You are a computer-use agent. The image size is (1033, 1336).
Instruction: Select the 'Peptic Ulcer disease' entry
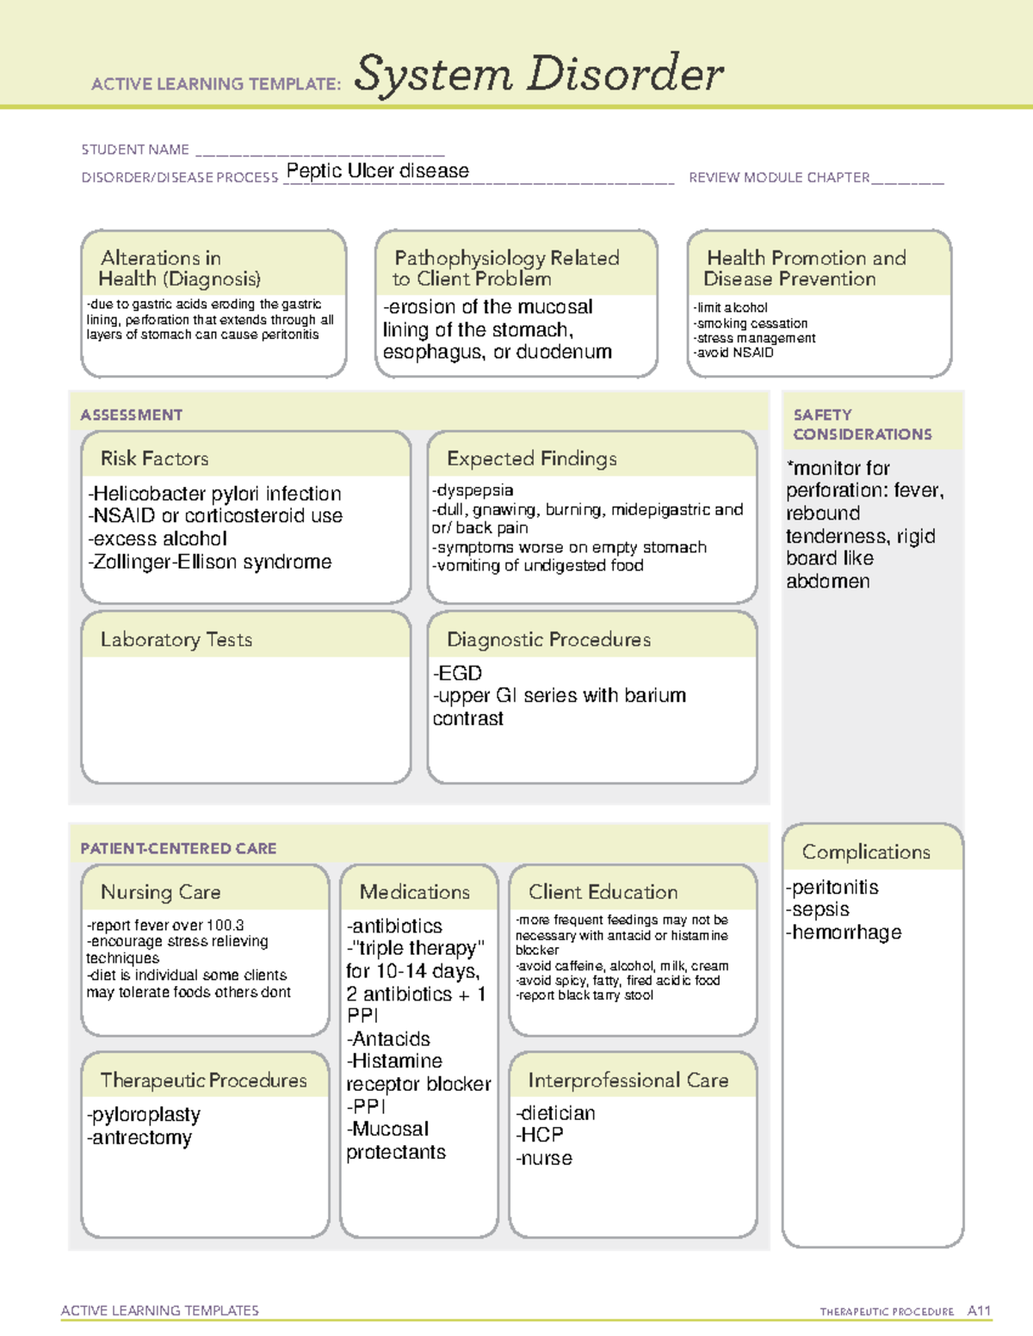377,170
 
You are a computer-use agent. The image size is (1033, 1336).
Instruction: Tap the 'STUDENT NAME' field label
135,150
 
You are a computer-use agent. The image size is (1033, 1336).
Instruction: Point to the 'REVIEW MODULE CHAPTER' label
779,177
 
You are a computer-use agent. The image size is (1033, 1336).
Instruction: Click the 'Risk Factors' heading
154,459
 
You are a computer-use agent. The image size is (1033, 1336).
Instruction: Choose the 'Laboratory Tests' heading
176,639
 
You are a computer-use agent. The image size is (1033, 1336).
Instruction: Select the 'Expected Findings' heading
531,459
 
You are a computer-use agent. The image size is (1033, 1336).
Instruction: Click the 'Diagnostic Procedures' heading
548,639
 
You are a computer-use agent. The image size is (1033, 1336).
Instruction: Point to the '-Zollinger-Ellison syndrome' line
209,562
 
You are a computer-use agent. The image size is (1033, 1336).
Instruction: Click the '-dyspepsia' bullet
473,490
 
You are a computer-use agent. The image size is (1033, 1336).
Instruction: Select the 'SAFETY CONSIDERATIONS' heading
862,425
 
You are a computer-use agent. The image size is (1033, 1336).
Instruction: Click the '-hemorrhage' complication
843,933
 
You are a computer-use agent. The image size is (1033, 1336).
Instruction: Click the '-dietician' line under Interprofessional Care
555,1113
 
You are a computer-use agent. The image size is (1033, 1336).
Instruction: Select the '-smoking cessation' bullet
750,323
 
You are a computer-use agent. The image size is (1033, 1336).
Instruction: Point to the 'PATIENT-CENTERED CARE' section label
178,848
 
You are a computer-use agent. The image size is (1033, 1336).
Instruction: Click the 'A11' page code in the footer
979,1310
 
